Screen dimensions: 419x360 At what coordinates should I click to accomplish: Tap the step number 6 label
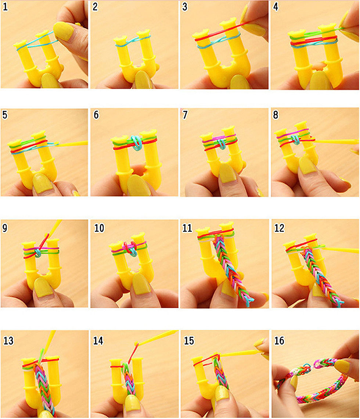click(96, 115)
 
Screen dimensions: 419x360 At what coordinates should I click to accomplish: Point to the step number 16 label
click(279, 341)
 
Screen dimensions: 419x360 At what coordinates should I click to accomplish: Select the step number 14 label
click(98, 341)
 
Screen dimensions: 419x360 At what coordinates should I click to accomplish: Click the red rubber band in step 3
click(213, 35)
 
